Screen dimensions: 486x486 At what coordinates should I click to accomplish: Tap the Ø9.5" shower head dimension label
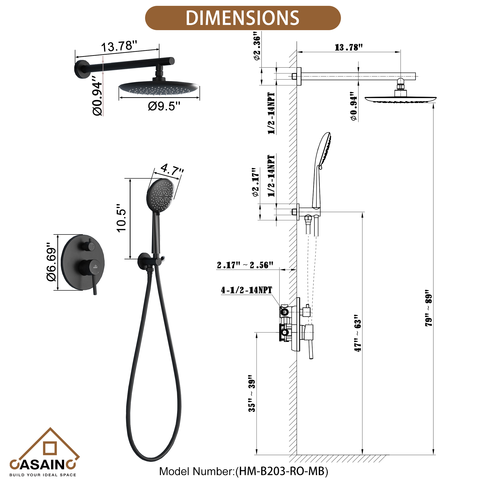click(164, 106)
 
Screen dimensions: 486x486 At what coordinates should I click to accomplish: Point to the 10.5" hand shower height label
click(121, 218)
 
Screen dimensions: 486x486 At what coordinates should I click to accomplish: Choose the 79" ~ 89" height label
click(429, 308)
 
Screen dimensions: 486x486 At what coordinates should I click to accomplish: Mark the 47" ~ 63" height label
click(357, 333)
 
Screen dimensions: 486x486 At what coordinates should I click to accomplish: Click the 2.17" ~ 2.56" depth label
click(245, 265)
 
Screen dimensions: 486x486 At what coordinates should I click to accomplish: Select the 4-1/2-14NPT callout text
click(246, 290)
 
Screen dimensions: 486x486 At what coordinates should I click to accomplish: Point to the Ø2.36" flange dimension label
click(257, 46)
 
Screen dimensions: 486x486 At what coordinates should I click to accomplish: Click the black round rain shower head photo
click(159, 88)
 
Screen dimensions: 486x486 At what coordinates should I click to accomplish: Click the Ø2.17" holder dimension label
click(256, 182)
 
